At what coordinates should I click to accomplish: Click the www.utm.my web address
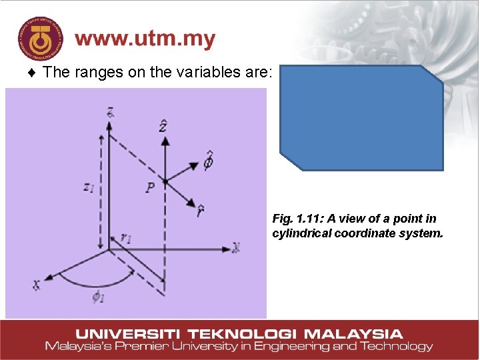point(145,39)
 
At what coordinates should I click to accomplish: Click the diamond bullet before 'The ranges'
point(33,73)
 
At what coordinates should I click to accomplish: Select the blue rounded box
point(361,118)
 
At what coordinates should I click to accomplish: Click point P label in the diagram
point(151,188)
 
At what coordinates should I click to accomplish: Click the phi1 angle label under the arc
point(99,297)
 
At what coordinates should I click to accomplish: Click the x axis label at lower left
point(36,284)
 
